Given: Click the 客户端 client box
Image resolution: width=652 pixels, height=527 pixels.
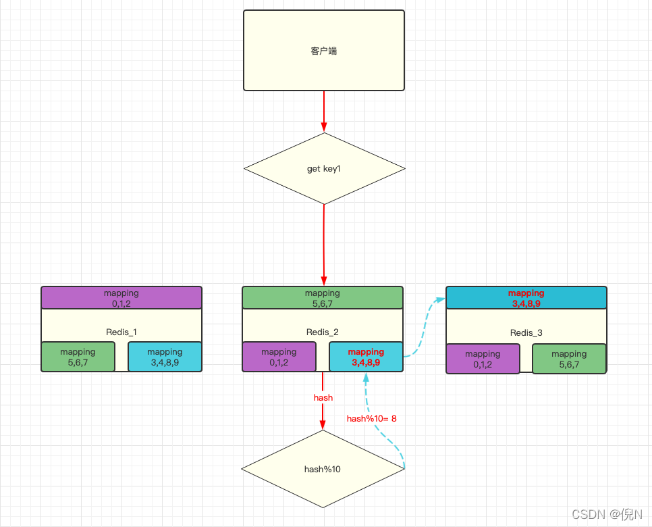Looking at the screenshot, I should tap(324, 51).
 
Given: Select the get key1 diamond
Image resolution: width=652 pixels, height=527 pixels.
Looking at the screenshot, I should tap(324, 168).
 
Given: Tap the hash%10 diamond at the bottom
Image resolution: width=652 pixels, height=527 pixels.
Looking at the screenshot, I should tap(323, 469).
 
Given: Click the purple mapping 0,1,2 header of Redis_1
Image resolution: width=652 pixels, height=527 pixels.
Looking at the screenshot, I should tap(121, 298).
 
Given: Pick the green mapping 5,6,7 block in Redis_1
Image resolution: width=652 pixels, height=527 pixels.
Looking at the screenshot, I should tap(78, 357).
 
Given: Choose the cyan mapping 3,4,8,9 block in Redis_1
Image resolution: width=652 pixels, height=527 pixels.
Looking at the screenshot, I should tap(165, 357).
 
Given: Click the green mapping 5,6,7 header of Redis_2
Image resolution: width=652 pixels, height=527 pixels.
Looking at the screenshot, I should tap(323, 298).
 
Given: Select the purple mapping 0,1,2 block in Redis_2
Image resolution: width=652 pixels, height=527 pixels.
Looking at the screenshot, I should tap(279, 357).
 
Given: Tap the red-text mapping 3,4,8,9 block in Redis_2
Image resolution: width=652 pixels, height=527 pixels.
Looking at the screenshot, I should tap(366, 357).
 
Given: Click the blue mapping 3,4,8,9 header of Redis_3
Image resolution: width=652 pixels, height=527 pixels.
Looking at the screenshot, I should tap(526, 298).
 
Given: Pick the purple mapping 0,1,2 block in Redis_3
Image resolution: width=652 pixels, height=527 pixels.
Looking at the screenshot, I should tap(483, 359).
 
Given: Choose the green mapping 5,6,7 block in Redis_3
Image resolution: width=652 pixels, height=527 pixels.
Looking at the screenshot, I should tap(569, 359).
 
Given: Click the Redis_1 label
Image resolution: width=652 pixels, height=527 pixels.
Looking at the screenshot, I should tap(121, 332).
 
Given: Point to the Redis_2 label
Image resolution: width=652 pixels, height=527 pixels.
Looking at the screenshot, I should tap(323, 332).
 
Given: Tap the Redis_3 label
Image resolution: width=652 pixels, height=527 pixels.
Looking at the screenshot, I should tap(526, 332).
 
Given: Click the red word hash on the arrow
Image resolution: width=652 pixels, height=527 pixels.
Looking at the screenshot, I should tap(323, 397).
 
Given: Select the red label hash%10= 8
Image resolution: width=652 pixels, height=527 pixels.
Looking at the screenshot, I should tap(372, 418).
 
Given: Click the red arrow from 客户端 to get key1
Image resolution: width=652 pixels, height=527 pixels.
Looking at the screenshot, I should tap(324, 110).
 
